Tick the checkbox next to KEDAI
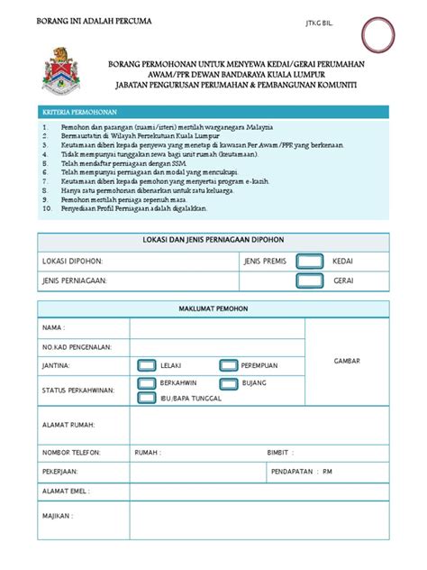click(x=310, y=260)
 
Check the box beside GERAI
click(x=310, y=280)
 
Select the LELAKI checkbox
click(x=146, y=365)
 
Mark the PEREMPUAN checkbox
click(x=228, y=365)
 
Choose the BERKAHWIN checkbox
click(x=146, y=383)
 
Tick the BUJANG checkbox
click(x=228, y=383)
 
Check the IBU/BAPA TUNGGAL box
click(x=146, y=398)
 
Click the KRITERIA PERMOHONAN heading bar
click(x=213, y=112)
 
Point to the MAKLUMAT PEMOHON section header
click(x=213, y=308)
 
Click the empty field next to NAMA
click(x=217, y=327)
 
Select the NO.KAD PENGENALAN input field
click(x=217, y=346)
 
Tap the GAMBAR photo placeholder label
click(x=347, y=360)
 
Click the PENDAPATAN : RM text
click(x=302, y=471)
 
